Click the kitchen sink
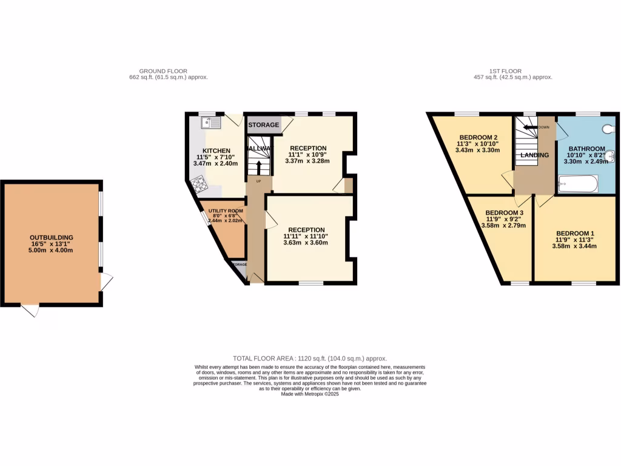click(211, 123)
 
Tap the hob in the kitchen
click(198, 184)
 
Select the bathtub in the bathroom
click(578, 183)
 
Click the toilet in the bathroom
click(609, 129)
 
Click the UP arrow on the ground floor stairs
click(259, 166)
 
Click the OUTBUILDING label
click(52, 237)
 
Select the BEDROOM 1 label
click(576, 234)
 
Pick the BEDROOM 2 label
click(478, 137)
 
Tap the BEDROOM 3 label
click(505, 212)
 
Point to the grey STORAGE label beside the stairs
click(263, 125)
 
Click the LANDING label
click(534, 155)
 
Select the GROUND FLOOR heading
click(163, 71)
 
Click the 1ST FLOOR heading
click(506, 71)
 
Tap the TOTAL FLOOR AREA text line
click(310, 359)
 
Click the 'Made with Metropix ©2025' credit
click(310, 394)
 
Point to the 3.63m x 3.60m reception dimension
click(306, 243)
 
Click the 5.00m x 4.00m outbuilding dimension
click(52, 251)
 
